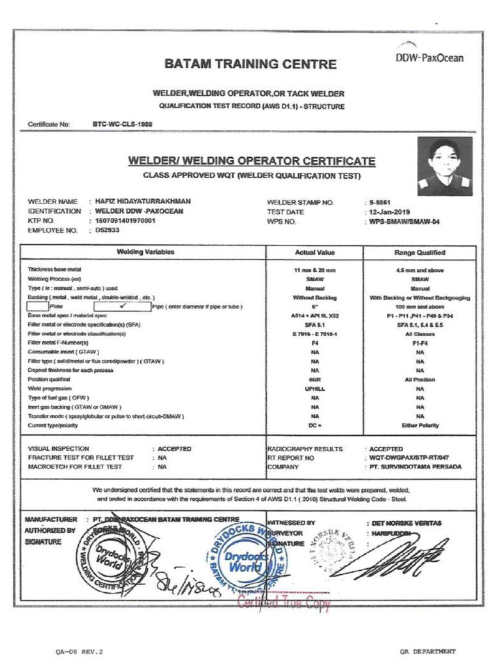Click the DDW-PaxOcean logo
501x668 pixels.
point(429,55)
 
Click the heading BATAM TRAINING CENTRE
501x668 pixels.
point(250,65)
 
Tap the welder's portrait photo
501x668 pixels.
point(445,166)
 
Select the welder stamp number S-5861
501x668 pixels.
point(380,202)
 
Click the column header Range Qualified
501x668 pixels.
point(419,252)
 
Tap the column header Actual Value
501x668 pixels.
point(314,252)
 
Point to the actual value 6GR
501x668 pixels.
point(314,379)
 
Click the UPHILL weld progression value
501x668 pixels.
point(314,388)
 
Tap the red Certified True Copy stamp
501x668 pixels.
point(284,603)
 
